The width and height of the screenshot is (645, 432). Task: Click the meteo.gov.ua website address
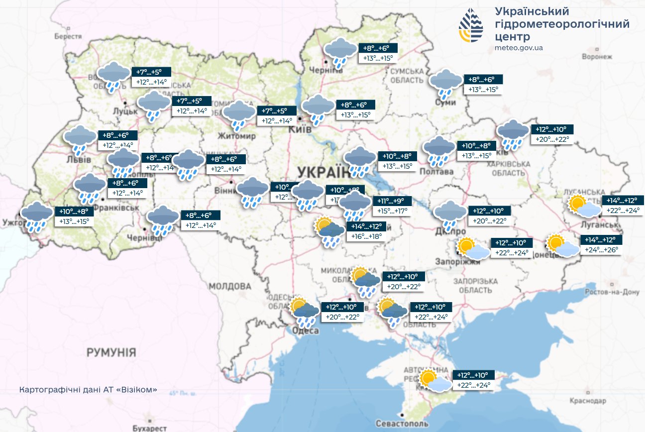point(519,48)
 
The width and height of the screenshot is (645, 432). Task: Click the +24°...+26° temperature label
point(601,250)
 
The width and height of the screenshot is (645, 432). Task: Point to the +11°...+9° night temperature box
point(392,202)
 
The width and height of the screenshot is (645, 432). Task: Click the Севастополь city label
point(408,423)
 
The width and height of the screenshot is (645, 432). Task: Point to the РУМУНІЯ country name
point(111,353)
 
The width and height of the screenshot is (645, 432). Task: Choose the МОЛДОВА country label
point(230,287)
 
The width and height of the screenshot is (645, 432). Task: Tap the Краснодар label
point(589,401)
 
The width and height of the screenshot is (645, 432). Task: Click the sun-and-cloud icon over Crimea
point(435,381)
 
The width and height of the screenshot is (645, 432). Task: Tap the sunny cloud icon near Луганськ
point(584,206)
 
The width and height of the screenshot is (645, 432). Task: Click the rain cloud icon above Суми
point(445,83)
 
